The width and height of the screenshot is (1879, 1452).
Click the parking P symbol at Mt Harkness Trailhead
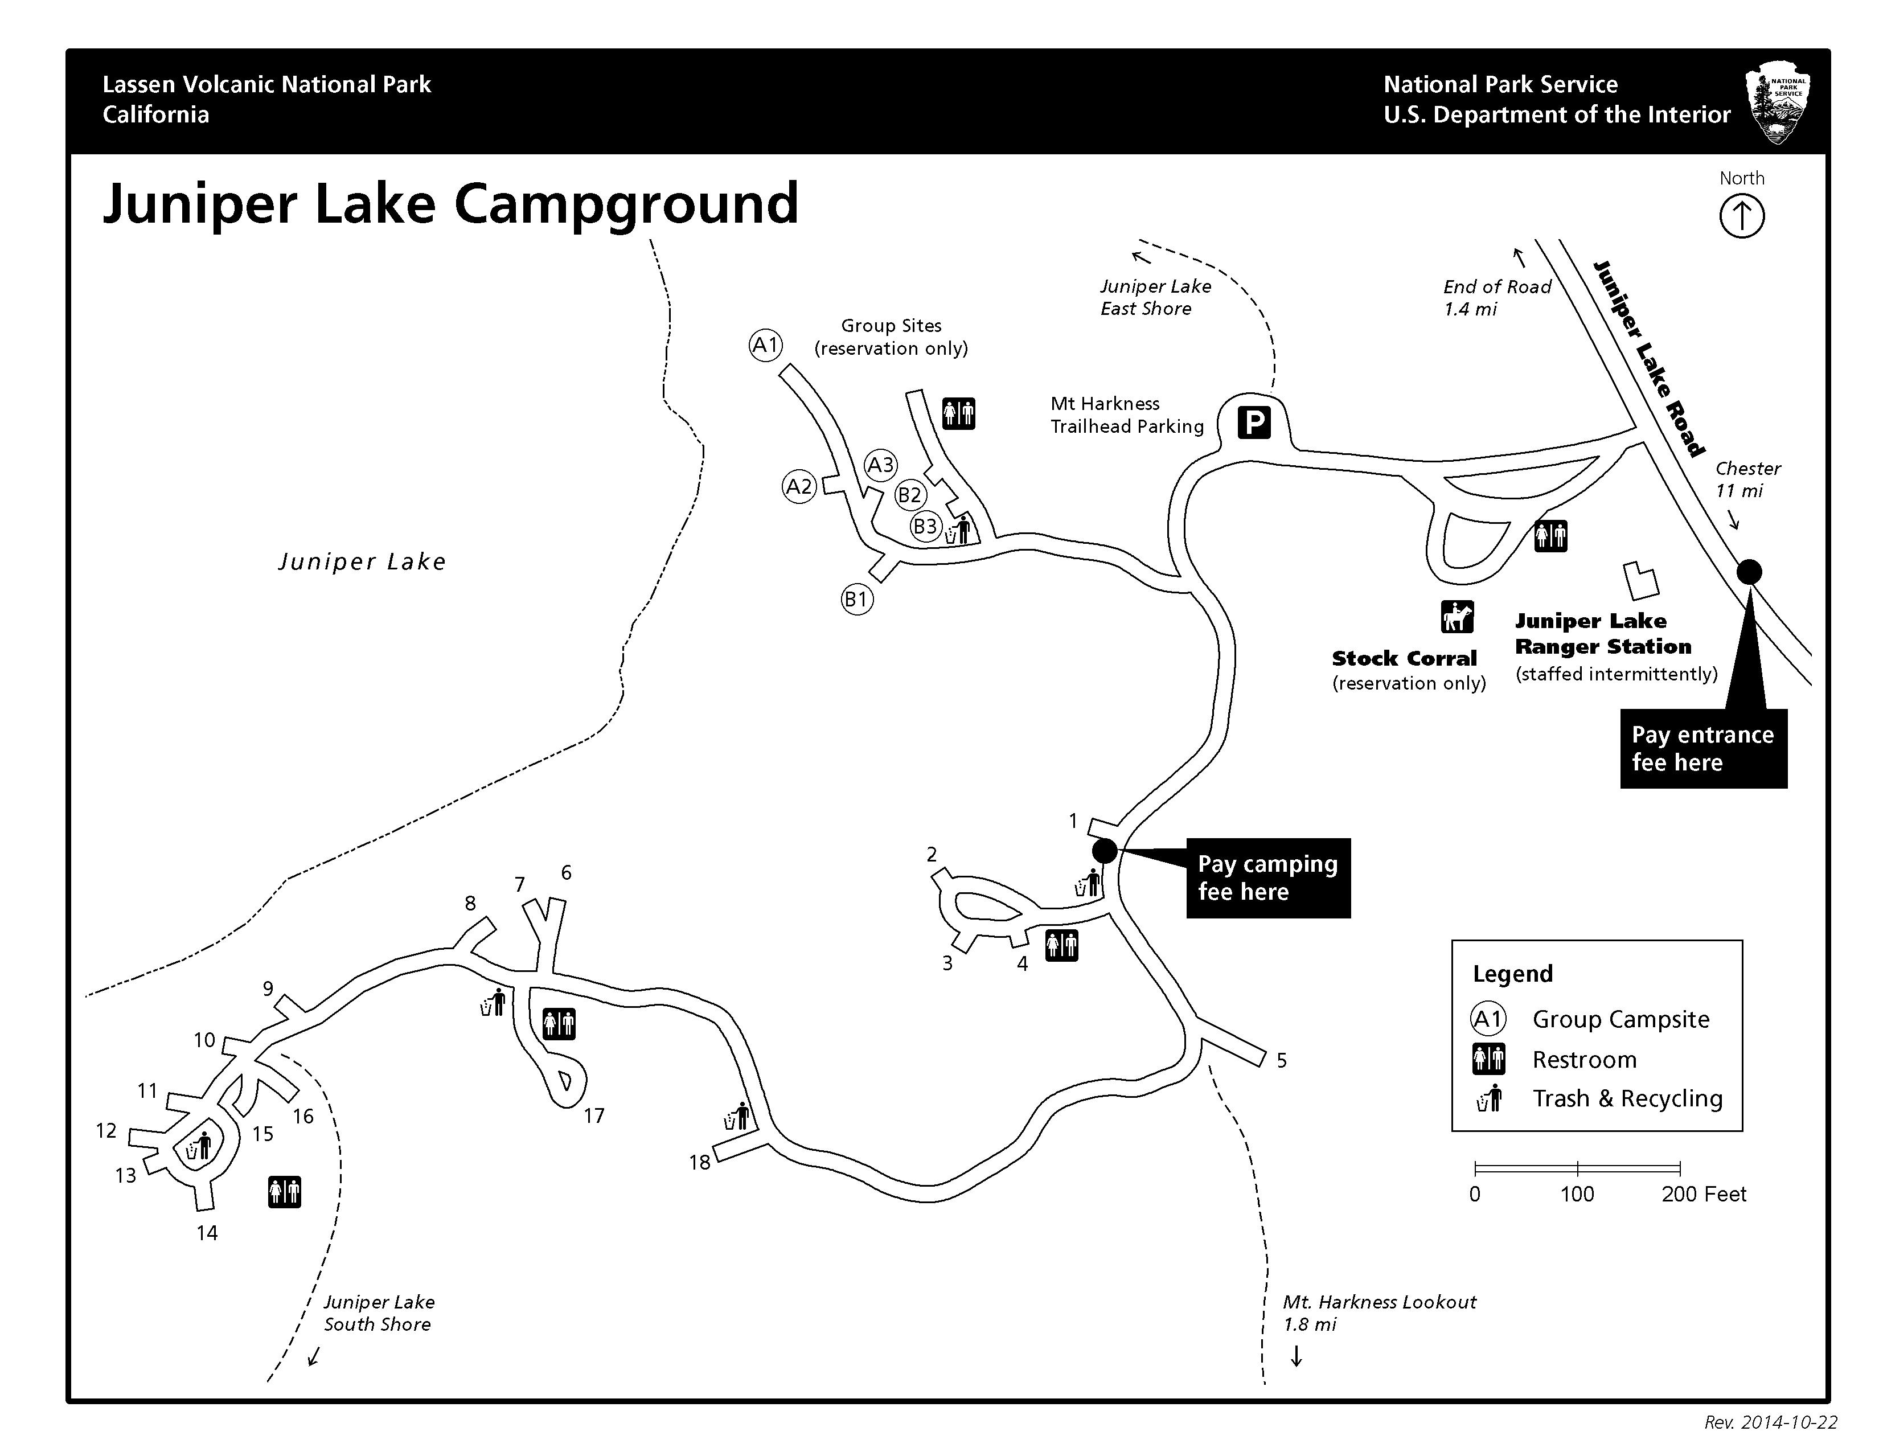[1254, 423]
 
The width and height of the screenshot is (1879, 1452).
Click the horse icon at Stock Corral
[1458, 617]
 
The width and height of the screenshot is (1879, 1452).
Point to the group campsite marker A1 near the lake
[765, 345]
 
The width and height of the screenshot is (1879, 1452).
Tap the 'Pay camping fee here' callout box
[1267, 877]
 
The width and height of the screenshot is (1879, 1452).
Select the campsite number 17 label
[594, 1115]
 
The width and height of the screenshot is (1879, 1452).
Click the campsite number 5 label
[1281, 1061]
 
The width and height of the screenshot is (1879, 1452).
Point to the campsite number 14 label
[207, 1233]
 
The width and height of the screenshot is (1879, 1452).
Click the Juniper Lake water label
[362, 561]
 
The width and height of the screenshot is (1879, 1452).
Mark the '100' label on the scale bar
[1577, 1194]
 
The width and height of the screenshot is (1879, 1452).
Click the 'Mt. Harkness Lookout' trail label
[1379, 1302]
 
